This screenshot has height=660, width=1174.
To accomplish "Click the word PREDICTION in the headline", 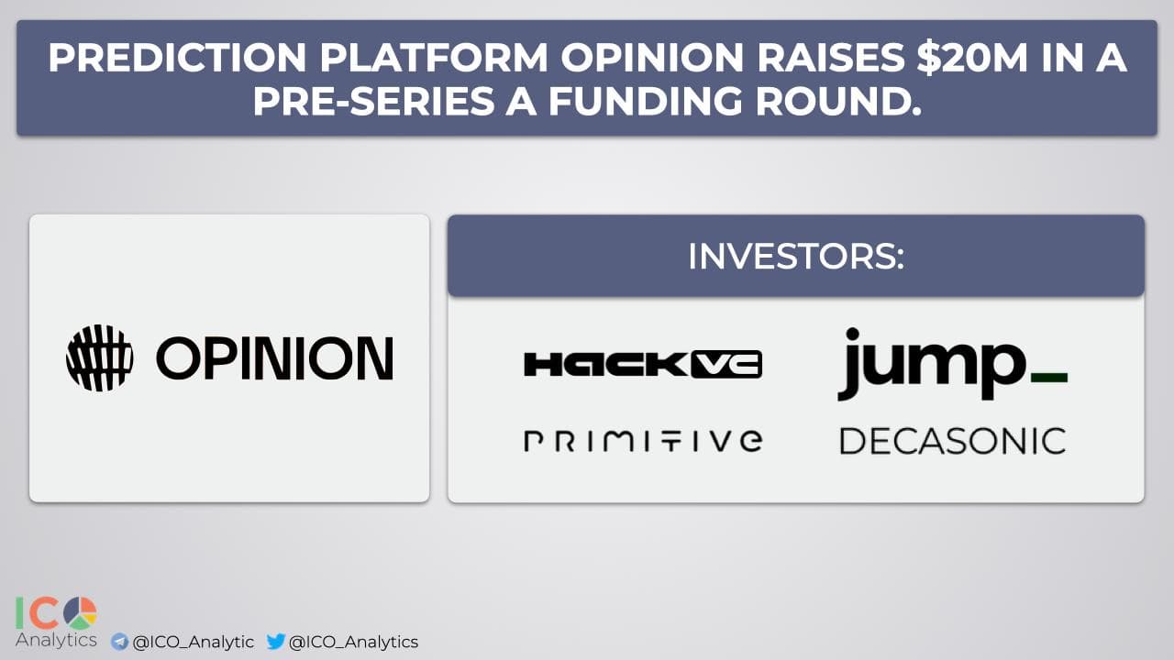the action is click(x=177, y=57).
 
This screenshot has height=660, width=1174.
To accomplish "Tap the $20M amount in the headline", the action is click(x=971, y=57).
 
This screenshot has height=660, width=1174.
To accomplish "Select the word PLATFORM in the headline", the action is click(x=434, y=57).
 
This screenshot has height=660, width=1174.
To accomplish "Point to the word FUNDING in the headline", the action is click(x=645, y=101).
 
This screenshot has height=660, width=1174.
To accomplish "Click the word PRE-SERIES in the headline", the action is click(x=373, y=101).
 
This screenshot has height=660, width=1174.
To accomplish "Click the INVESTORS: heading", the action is click(x=796, y=256).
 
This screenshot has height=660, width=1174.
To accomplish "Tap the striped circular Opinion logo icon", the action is click(x=100, y=357).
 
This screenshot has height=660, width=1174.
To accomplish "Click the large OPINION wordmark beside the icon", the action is click(x=274, y=357).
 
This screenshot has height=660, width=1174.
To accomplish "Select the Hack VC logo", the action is click(x=643, y=364).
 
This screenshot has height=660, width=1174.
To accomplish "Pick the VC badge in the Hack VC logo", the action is click(x=726, y=364).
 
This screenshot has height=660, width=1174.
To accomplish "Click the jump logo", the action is click(x=952, y=364).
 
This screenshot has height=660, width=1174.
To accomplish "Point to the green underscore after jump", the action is click(x=1049, y=378).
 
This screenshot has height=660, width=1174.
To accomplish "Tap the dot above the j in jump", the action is click(x=852, y=335).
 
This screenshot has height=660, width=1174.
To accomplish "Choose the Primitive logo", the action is click(x=643, y=441).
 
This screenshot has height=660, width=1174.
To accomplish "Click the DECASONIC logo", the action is click(x=953, y=441).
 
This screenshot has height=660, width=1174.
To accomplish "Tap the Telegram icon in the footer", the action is click(x=119, y=642).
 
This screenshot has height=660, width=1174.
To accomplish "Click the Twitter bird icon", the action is click(x=276, y=641).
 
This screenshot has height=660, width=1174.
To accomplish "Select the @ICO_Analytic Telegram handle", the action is click(x=194, y=643).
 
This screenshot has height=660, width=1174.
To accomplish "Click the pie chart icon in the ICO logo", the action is click(x=80, y=613).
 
